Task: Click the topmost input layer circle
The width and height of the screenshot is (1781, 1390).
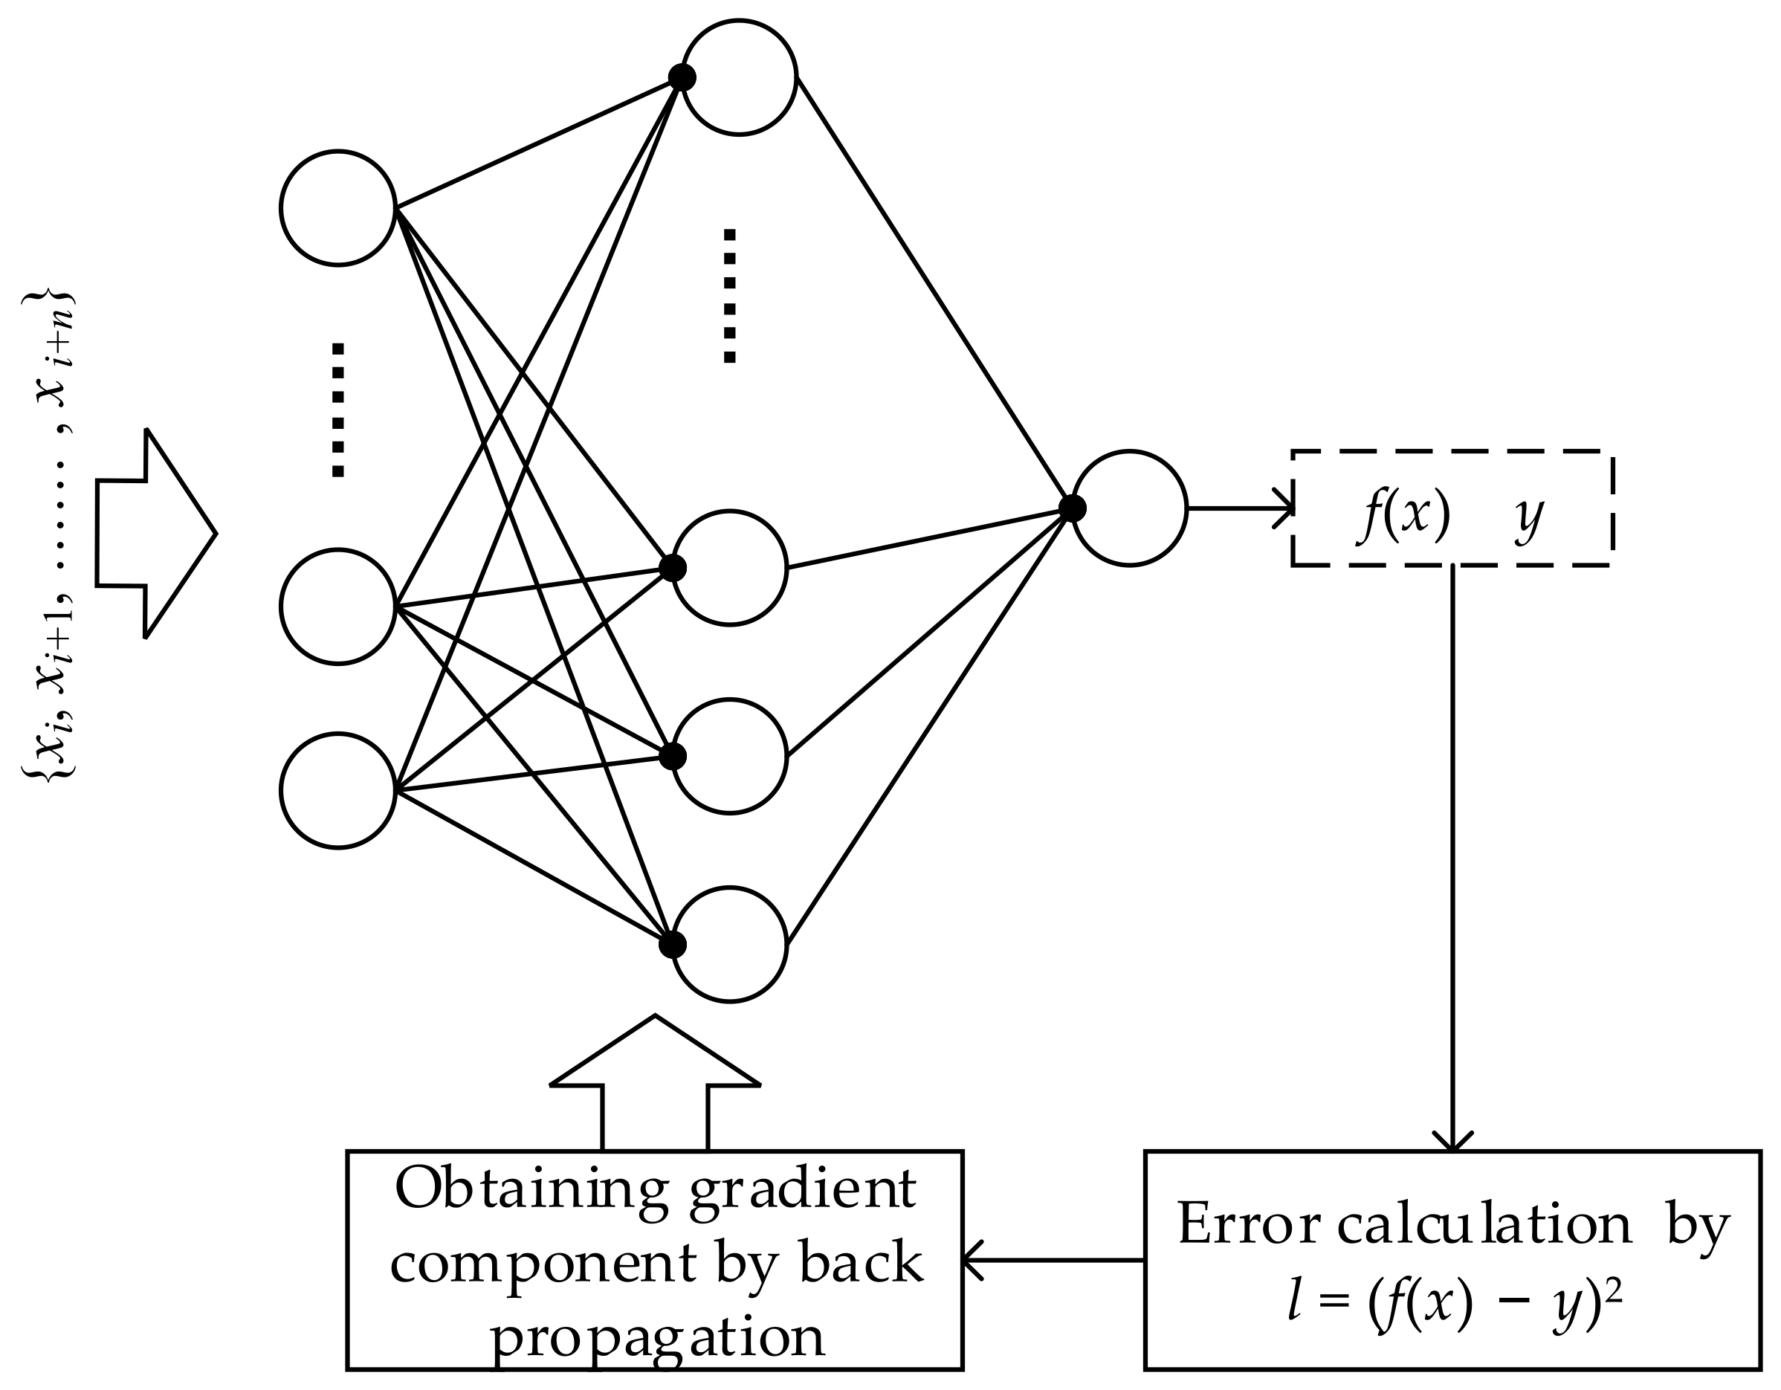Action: [x=337, y=207]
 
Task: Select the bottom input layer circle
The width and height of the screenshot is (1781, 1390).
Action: [x=337, y=791]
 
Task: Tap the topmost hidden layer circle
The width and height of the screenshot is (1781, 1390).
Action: [x=739, y=77]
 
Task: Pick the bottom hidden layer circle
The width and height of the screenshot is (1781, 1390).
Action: [x=730, y=944]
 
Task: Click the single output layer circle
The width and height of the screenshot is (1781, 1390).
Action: [x=1129, y=508]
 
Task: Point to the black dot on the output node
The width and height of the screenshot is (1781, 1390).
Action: [x=1073, y=508]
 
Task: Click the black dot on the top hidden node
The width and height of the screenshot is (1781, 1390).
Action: [x=682, y=78]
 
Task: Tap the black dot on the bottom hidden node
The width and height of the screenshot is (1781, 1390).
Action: [x=673, y=945]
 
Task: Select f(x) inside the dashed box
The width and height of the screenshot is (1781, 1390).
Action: [x=1404, y=515]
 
